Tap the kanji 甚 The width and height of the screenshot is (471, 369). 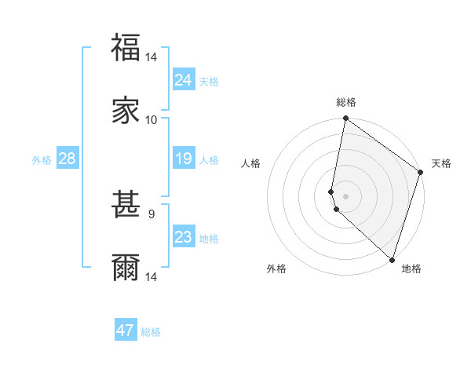126,205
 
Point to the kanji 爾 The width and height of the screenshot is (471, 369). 126,268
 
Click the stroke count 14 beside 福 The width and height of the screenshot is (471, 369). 152,57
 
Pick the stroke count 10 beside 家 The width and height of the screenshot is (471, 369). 152,119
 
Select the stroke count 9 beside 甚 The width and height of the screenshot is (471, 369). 152,214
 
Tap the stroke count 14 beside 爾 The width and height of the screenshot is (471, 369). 152,276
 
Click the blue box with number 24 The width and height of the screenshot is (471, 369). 184,80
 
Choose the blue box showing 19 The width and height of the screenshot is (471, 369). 184,159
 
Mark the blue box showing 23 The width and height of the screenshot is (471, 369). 184,237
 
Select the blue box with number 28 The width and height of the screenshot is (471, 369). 68,159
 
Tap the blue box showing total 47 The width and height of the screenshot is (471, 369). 126,331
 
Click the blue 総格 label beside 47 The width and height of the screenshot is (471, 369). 151,332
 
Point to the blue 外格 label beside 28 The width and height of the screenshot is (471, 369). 42,160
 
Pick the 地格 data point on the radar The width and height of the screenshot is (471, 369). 392,259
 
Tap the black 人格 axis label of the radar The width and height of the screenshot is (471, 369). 251,163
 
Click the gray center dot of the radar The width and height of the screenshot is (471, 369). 345,195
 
